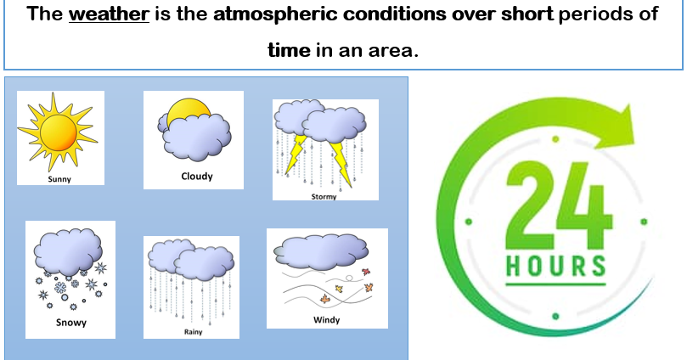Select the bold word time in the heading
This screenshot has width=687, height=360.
289,50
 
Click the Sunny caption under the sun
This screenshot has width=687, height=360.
59,179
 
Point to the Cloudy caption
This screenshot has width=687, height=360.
196,177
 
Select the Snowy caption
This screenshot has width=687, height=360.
70,323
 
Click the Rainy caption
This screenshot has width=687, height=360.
193,332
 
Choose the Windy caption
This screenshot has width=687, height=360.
326,320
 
